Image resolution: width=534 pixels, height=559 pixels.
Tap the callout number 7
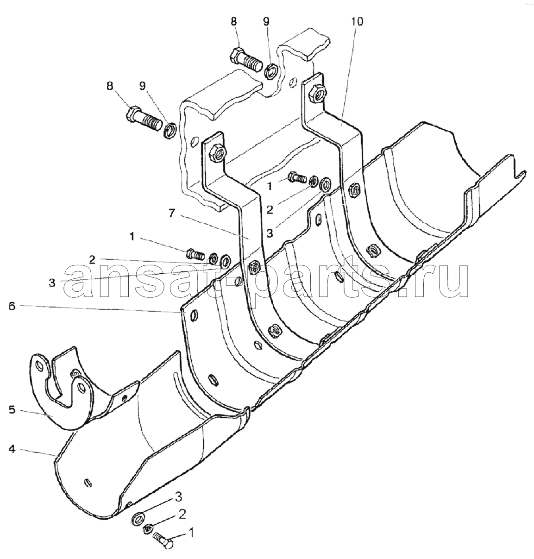click(171, 214)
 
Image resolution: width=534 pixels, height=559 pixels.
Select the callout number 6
click(12, 306)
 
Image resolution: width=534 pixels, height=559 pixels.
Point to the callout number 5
click(12, 410)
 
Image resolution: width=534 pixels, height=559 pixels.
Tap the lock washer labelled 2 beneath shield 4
click(147, 527)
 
